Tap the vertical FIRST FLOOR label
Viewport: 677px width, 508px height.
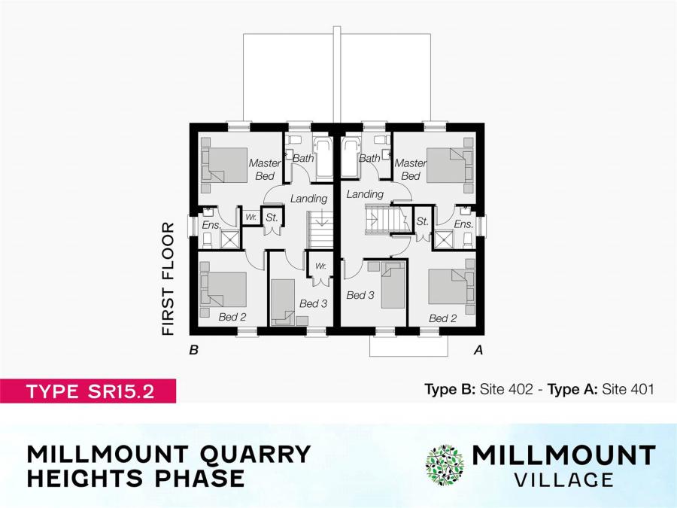point(168,278)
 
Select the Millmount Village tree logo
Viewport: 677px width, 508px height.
point(445,464)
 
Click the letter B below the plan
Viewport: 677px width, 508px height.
point(194,349)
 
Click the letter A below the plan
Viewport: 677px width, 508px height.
point(477,349)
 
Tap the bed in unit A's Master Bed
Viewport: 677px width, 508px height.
point(448,166)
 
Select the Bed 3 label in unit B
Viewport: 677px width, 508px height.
point(313,303)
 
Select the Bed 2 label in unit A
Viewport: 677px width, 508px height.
point(443,318)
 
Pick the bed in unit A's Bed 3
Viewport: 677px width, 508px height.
point(393,285)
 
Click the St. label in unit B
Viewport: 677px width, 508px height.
point(272,218)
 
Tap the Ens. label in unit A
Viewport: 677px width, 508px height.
point(463,224)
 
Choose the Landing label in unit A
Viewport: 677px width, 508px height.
point(365,194)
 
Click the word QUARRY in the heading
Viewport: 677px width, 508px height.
point(253,454)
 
